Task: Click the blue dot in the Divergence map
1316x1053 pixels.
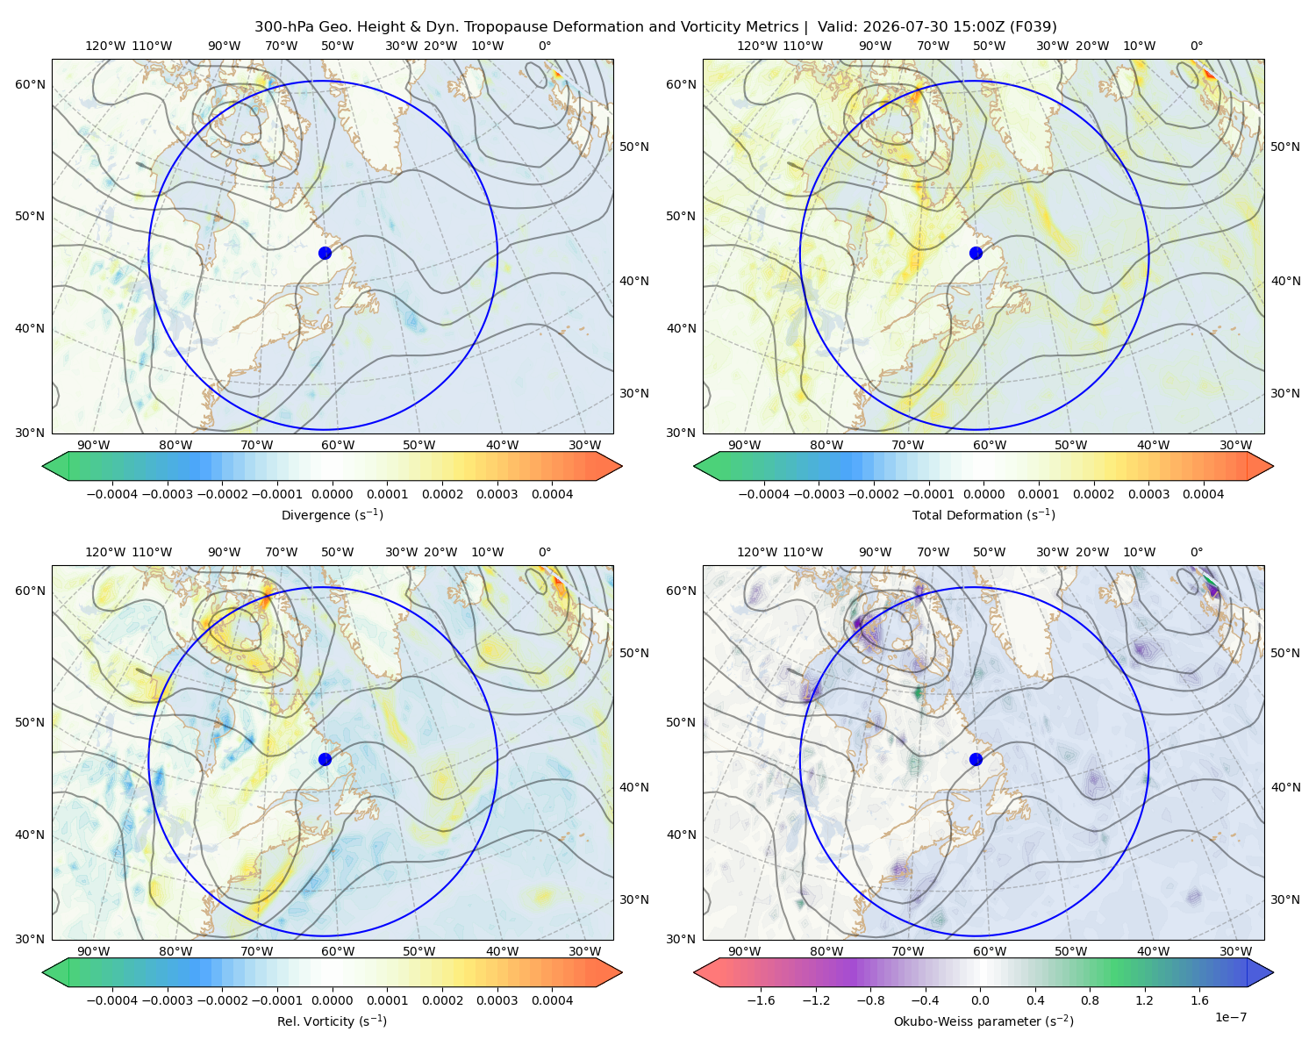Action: pyautogui.click(x=325, y=253)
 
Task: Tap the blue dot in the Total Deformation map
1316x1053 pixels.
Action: pyautogui.click(x=976, y=253)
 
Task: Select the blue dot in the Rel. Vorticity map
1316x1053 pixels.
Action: pyautogui.click(x=325, y=759)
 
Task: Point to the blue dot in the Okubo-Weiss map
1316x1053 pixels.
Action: pyautogui.click(x=976, y=759)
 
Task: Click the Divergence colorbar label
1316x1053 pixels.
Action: pyautogui.click(x=332, y=515)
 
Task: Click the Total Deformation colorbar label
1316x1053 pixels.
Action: pyautogui.click(x=983, y=515)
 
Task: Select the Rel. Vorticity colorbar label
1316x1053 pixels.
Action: pyautogui.click(x=332, y=1021)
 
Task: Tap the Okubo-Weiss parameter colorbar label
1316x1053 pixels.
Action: pyautogui.click(x=983, y=1021)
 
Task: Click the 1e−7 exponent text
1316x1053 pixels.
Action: pyautogui.click(x=1230, y=1017)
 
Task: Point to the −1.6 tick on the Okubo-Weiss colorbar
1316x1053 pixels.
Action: pyautogui.click(x=761, y=1000)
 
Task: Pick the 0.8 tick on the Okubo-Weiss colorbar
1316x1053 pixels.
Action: pyautogui.click(x=1090, y=1000)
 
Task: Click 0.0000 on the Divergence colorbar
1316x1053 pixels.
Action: pyautogui.click(x=332, y=494)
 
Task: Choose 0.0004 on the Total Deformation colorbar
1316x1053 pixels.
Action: pyautogui.click(x=1204, y=494)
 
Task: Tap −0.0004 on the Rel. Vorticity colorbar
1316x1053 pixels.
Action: pyautogui.click(x=112, y=1000)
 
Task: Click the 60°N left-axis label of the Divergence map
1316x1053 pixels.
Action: pyautogui.click(x=30, y=84)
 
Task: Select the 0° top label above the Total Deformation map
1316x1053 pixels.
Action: pyautogui.click(x=1196, y=46)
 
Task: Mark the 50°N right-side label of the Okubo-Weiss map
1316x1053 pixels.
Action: pyautogui.click(x=1285, y=653)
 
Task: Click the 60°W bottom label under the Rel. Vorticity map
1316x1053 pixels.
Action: pyautogui.click(x=338, y=951)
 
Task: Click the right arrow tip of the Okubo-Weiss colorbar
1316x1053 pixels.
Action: pyautogui.click(x=1273, y=972)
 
